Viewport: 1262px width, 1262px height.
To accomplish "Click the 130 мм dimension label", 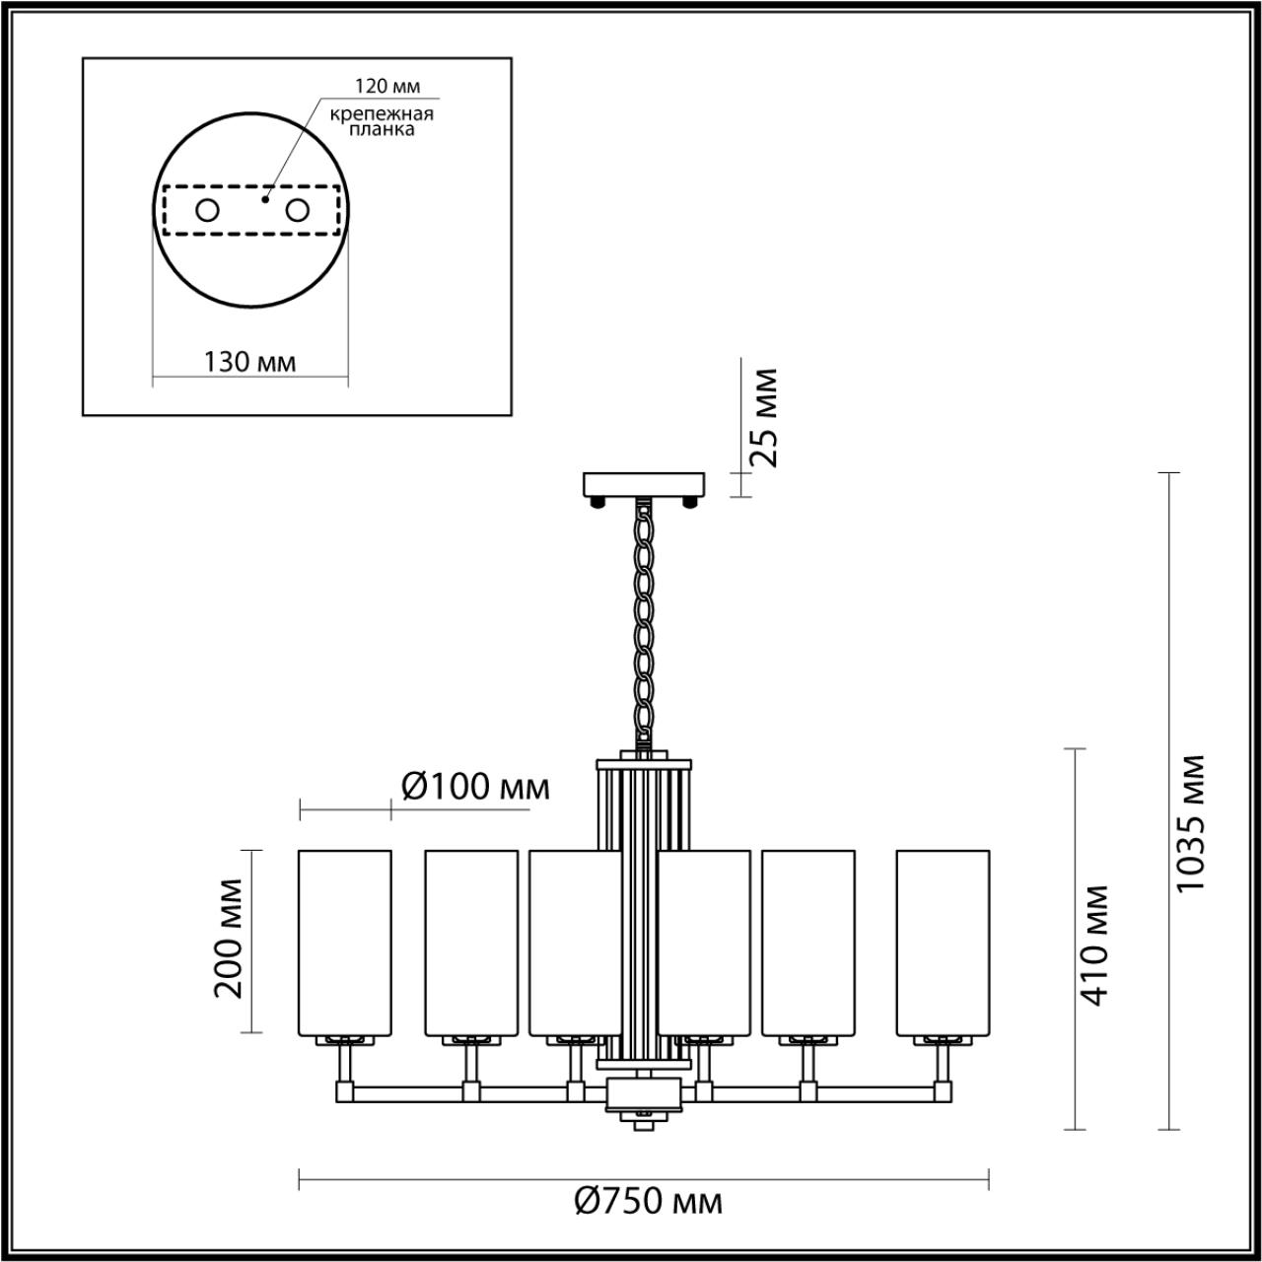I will (x=249, y=361).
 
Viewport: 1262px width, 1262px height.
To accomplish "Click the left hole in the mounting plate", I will (x=207, y=210).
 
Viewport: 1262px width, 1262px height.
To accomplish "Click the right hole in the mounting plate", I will (x=297, y=210).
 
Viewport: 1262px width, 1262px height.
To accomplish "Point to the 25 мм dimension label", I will (x=762, y=417).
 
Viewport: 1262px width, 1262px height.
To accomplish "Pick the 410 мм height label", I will (x=1094, y=945).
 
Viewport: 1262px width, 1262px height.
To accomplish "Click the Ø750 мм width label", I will (x=648, y=1201).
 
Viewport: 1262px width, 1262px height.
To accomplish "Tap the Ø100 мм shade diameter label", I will (x=475, y=786).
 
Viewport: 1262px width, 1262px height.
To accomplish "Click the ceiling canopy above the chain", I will (x=645, y=484).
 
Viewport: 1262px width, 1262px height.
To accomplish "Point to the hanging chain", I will (x=645, y=621).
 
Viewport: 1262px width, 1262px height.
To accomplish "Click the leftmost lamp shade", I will (x=345, y=942).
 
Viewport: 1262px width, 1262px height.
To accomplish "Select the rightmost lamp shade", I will (x=943, y=942).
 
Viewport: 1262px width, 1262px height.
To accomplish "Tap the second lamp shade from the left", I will (x=471, y=942).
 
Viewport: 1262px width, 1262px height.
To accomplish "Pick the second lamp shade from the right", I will (x=808, y=942).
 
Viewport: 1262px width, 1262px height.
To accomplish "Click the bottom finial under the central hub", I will (x=645, y=1119).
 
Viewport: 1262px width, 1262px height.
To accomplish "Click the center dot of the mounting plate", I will (x=264, y=199).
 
